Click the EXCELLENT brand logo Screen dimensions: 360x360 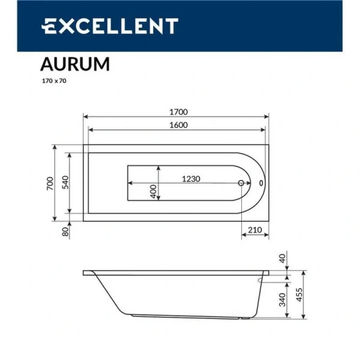(109, 26)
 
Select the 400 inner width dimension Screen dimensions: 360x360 (154, 191)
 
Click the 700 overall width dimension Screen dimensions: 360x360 (50, 182)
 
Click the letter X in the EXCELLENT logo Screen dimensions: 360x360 (64, 26)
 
